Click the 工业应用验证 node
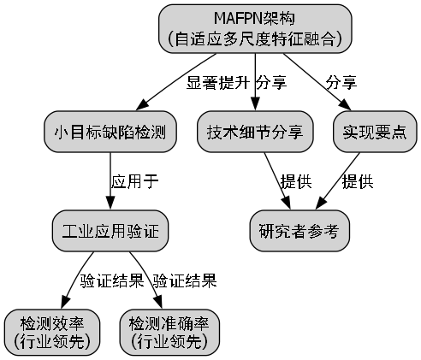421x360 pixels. pyautogui.click(x=110, y=231)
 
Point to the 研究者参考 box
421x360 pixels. pyautogui.click(x=299, y=231)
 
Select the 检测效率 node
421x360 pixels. pyautogui.click(x=52, y=332)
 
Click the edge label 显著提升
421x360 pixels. pyautogui.click(x=217, y=83)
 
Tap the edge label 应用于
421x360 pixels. pyautogui.click(x=135, y=182)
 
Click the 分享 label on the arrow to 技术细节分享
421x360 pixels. pyautogui.click(x=271, y=83)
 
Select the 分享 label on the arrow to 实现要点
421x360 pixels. pyautogui.click(x=341, y=83)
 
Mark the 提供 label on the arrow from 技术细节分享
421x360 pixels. pyautogui.click(x=296, y=182)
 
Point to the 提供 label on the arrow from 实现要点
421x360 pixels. pyautogui.click(x=357, y=182)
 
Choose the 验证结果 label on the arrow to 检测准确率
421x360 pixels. pyautogui.click(x=184, y=280)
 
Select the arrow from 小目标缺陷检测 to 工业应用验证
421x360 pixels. pyautogui.click(x=110, y=181)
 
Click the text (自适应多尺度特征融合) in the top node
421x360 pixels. pyautogui.click(x=255, y=38)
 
